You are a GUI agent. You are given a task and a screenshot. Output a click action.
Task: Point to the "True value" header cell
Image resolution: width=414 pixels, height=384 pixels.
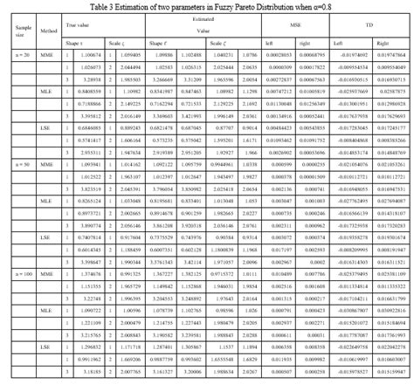click(x=79, y=27)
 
